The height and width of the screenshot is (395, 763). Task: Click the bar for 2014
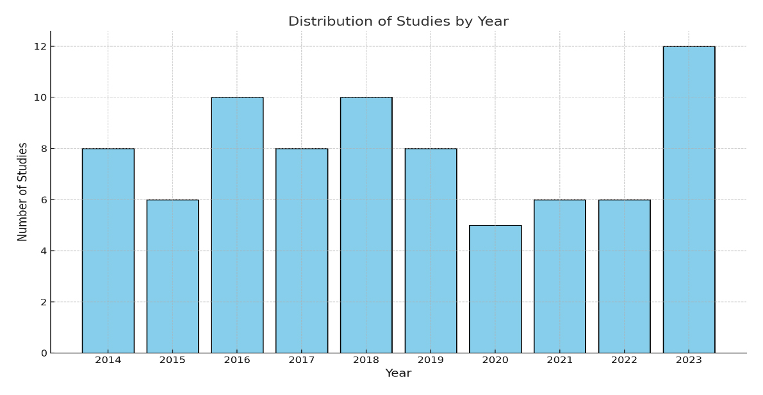tap(108, 251)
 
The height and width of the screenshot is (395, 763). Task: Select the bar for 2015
tap(172, 276)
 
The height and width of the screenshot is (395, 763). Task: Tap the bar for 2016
tap(237, 225)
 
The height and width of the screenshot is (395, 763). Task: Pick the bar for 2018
tap(366, 225)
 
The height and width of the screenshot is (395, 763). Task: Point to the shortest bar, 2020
tap(495, 289)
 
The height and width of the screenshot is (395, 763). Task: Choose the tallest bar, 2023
tap(689, 199)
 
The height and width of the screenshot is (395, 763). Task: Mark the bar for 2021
tap(559, 276)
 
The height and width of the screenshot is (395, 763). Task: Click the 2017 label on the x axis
tap(301, 360)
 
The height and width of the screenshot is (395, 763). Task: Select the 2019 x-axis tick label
tap(431, 360)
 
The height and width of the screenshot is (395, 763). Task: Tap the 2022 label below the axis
tap(624, 360)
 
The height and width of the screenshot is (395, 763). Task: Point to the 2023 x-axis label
tap(689, 360)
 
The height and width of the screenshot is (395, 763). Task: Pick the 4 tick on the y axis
tap(44, 251)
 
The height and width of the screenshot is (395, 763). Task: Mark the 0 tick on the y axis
tap(44, 353)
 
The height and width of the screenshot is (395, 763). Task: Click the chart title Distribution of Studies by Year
tap(398, 22)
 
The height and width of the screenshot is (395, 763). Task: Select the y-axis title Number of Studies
tap(23, 192)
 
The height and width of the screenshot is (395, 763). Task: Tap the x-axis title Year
tap(398, 374)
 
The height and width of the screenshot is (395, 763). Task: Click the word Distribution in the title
tap(327, 22)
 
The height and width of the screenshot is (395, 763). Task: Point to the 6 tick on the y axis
tap(44, 199)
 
